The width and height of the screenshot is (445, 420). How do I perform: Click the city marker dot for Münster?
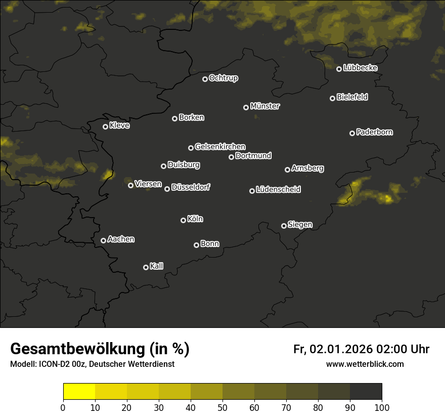click(x=246, y=107)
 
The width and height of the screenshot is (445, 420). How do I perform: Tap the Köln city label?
click(x=195, y=219)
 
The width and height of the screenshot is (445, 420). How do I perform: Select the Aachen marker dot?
click(x=103, y=240)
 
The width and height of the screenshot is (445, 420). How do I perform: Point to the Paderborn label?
click(x=375, y=132)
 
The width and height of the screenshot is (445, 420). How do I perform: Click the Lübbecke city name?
click(x=360, y=68)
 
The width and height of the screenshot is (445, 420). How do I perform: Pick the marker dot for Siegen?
click(x=284, y=226)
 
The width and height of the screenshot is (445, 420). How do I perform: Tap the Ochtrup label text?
click(x=223, y=78)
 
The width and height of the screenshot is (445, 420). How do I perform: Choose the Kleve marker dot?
click(x=105, y=127)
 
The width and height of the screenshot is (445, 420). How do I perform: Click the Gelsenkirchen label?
click(x=220, y=147)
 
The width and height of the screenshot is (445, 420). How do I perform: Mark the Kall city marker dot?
click(x=146, y=267)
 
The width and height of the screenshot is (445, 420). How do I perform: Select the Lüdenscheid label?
click(x=278, y=190)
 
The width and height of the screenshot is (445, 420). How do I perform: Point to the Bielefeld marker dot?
click(x=332, y=98)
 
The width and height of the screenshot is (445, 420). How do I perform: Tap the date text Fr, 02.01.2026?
click(x=333, y=349)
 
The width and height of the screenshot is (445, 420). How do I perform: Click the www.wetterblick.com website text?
click(x=365, y=364)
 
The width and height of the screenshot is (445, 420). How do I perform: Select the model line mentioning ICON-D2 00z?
click(x=92, y=364)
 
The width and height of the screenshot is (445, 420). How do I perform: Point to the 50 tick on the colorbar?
click(x=223, y=407)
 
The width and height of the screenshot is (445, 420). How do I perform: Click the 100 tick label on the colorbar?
click(x=381, y=407)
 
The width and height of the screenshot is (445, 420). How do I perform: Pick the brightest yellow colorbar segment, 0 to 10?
click(x=79, y=392)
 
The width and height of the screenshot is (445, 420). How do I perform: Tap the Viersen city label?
click(x=148, y=184)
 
